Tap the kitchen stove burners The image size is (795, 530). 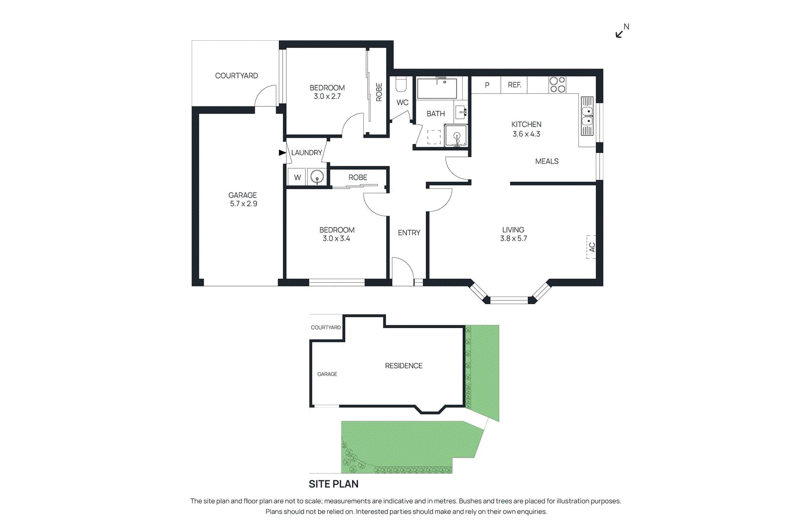coord(557,85)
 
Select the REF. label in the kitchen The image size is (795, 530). coord(514,85)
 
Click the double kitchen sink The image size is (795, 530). coord(587,116)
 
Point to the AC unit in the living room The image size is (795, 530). coord(591,247)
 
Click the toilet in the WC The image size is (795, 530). coord(400,84)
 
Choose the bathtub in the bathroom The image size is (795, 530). coord(437,88)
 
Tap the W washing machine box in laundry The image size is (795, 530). coord(298,177)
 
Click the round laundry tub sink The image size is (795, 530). coord(317,177)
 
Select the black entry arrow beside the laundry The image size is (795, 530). coord(282,152)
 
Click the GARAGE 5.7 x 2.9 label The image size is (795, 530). coord(243,199)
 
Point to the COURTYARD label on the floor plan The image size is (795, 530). coord(237,76)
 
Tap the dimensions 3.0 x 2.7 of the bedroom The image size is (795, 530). coord(327,96)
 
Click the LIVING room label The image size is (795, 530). coord(513,229)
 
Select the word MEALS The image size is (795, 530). coord(547,161)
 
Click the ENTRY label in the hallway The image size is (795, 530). coord(409,233)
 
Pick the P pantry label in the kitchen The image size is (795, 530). coord(487,85)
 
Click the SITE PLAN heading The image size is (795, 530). coord(333,484)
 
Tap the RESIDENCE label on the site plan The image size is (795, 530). coord(403,366)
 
